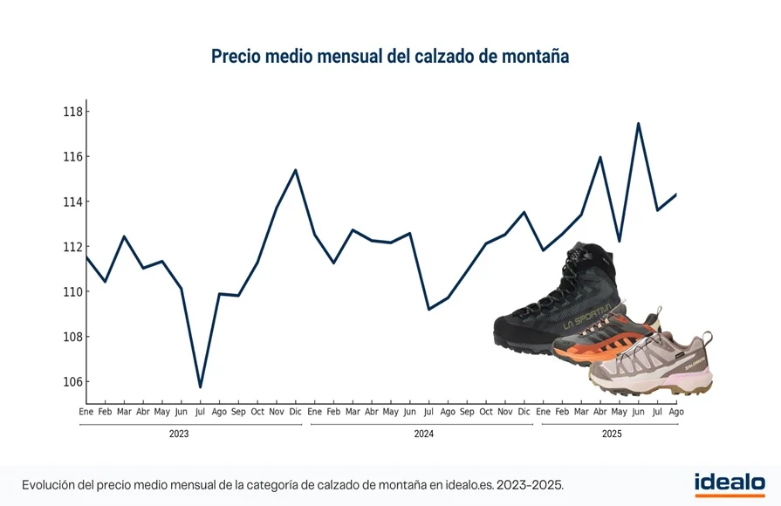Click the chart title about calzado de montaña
(390, 57)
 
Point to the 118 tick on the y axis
(72, 112)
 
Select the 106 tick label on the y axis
(72, 382)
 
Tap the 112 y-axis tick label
(72, 247)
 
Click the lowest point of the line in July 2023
(200, 386)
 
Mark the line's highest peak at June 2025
(639, 123)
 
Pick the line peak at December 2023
(296, 170)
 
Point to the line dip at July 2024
(428, 309)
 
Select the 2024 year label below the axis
(423, 434)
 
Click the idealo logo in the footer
(730, 483)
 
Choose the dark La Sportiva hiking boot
(558, 305)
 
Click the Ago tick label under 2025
(676, 412)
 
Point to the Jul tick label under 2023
(200, 412)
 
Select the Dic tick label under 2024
(524, 412)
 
